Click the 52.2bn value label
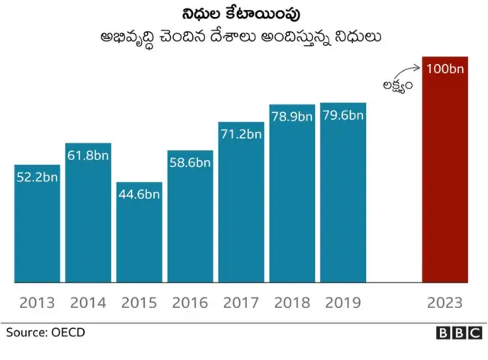pyautogui.click(x=37, y=177)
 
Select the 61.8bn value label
pyautogui.click(x=88, y=156)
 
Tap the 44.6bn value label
pyautogui.click(x=139, y=194)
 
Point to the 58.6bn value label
pyautogui.click(x=190, y=162)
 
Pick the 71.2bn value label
pyautogui.click(x=241, y=134)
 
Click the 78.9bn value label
pyautogui.click(x=292, y=117)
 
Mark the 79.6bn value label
pyautogui.click(x=343, y=115)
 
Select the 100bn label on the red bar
pyautogui.click(x=445, y=69)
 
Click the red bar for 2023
pyautogui.click(x=445, y=175)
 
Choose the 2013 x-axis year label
pyautogui.click(x=37, y=303)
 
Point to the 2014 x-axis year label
pyautogui.click(x=88, y=303)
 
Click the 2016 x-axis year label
pyautogui.click(x=190, y=303)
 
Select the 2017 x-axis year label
pyautogui.click(x=241, y=303)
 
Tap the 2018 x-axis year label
pyautogui.click(x=292, y=303)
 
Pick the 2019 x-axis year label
pyautogui.click(x=343, y=303)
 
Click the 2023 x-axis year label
pyautogui.click(x=445, y=303)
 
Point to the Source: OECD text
pyautogui.click(x=46, y=333)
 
